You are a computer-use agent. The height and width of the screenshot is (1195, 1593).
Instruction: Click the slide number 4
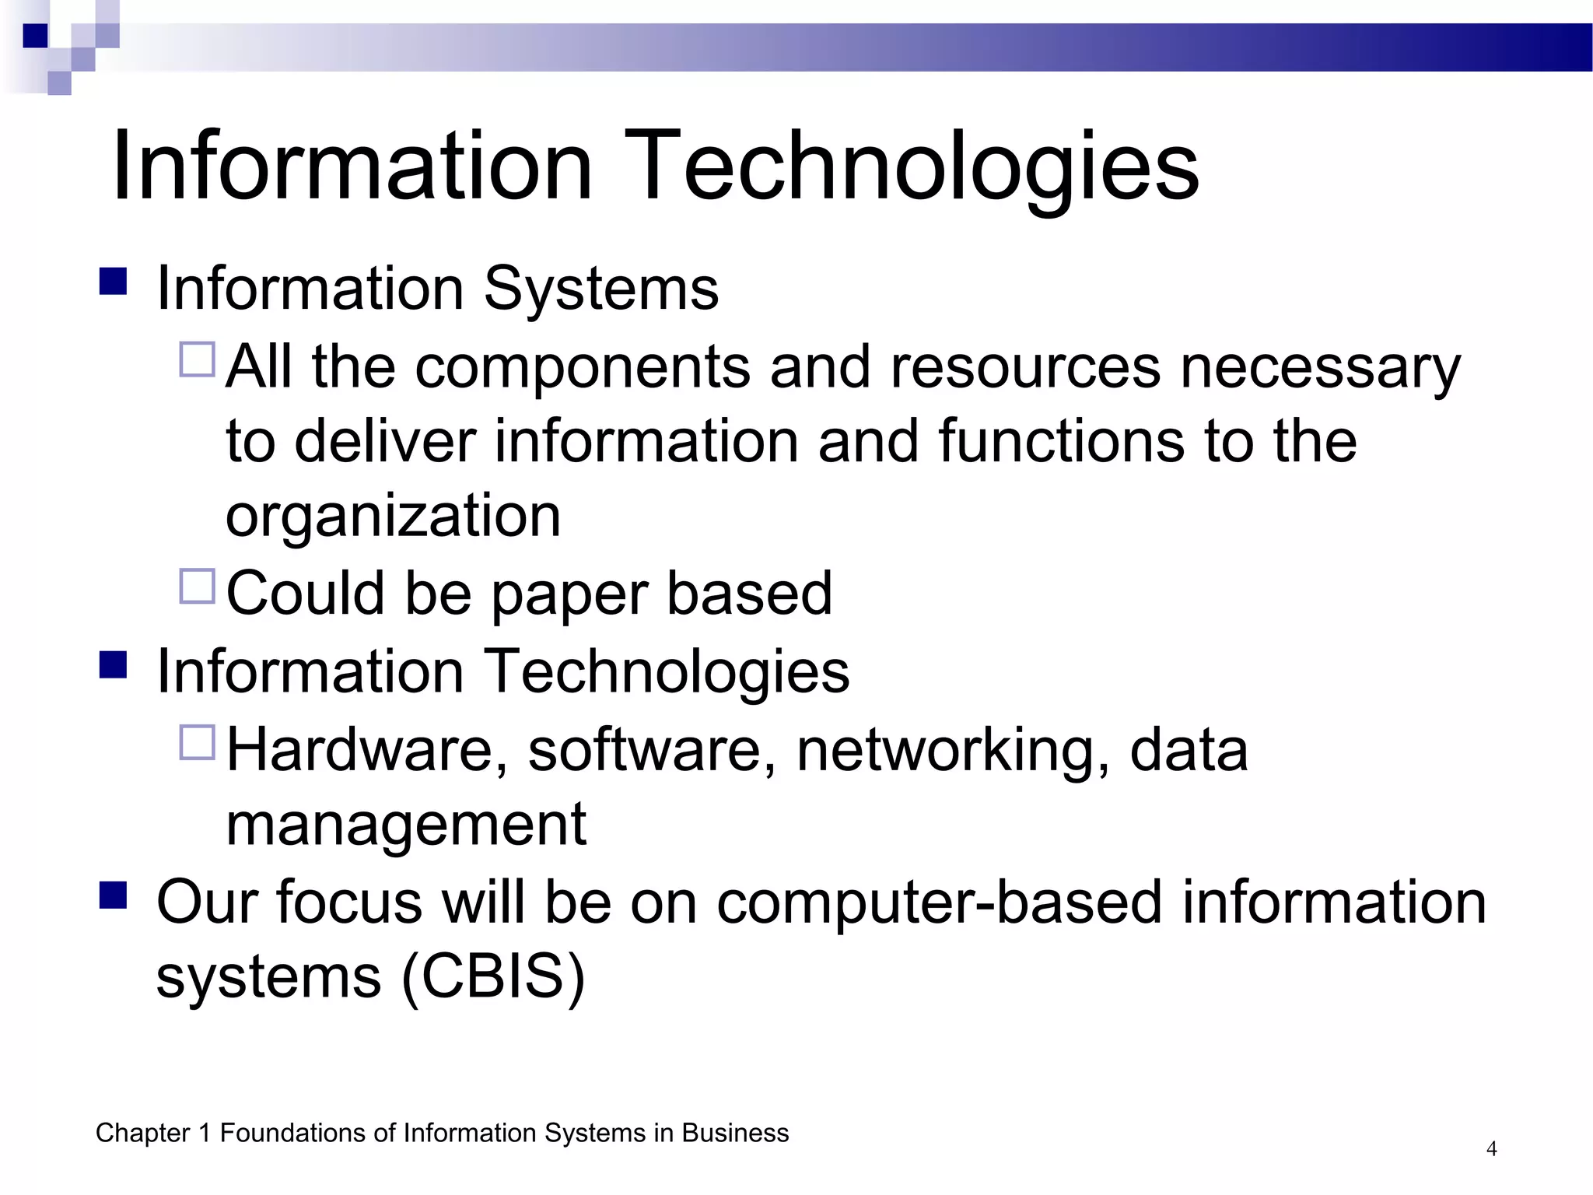pos(1491,1148)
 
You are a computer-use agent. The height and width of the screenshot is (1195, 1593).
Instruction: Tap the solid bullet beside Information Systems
pos(114,281)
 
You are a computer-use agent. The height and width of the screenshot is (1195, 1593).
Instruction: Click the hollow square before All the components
pos(197,359)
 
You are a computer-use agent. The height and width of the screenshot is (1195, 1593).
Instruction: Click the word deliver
pos(385,441)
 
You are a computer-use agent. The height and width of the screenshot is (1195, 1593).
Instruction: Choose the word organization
pos(393,516)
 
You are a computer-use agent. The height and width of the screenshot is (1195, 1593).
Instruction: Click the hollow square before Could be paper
pos(197,587)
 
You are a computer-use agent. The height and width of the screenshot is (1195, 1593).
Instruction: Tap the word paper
pos(569,594)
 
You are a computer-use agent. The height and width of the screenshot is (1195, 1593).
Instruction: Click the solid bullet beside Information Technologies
pos(114,664)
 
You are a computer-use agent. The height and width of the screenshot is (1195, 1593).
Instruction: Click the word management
pos(406,824)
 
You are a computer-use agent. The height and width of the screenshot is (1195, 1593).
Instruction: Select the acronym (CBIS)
pos(493,977)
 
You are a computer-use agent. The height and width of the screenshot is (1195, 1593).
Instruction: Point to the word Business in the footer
pos(735,1133)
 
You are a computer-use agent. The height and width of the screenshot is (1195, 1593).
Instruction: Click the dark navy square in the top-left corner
pos(35,36)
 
